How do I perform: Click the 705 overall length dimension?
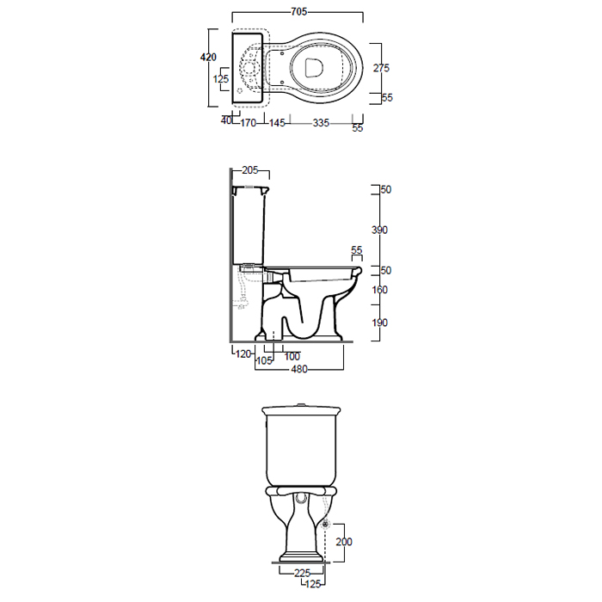click(298, 12)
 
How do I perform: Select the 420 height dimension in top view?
click(208, 58)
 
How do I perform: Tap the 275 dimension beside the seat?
click(381, 68)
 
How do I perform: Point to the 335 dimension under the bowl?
click(321, 123)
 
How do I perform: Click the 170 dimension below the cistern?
click(248, 123)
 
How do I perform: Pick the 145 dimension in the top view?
click(277, 123)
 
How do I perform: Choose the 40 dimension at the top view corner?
click(226, 120)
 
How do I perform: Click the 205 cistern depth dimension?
click(250, 170)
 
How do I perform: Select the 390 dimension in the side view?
click(379, 230)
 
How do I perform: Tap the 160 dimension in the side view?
click(379, 290)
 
